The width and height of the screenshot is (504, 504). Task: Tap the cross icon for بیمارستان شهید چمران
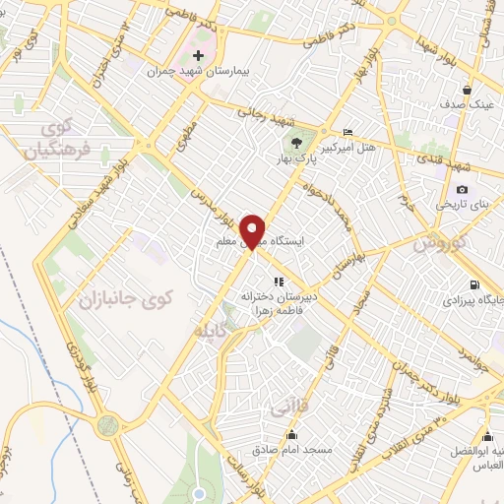[200, 55]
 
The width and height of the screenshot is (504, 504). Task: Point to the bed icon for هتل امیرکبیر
[347, 132]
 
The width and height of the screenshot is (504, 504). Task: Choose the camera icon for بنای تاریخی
[462, 190]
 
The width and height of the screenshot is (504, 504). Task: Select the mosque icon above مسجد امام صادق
[290, 434]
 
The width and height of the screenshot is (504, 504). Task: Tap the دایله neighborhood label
[215, 332]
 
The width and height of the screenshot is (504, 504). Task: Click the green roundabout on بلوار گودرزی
[107, 425]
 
